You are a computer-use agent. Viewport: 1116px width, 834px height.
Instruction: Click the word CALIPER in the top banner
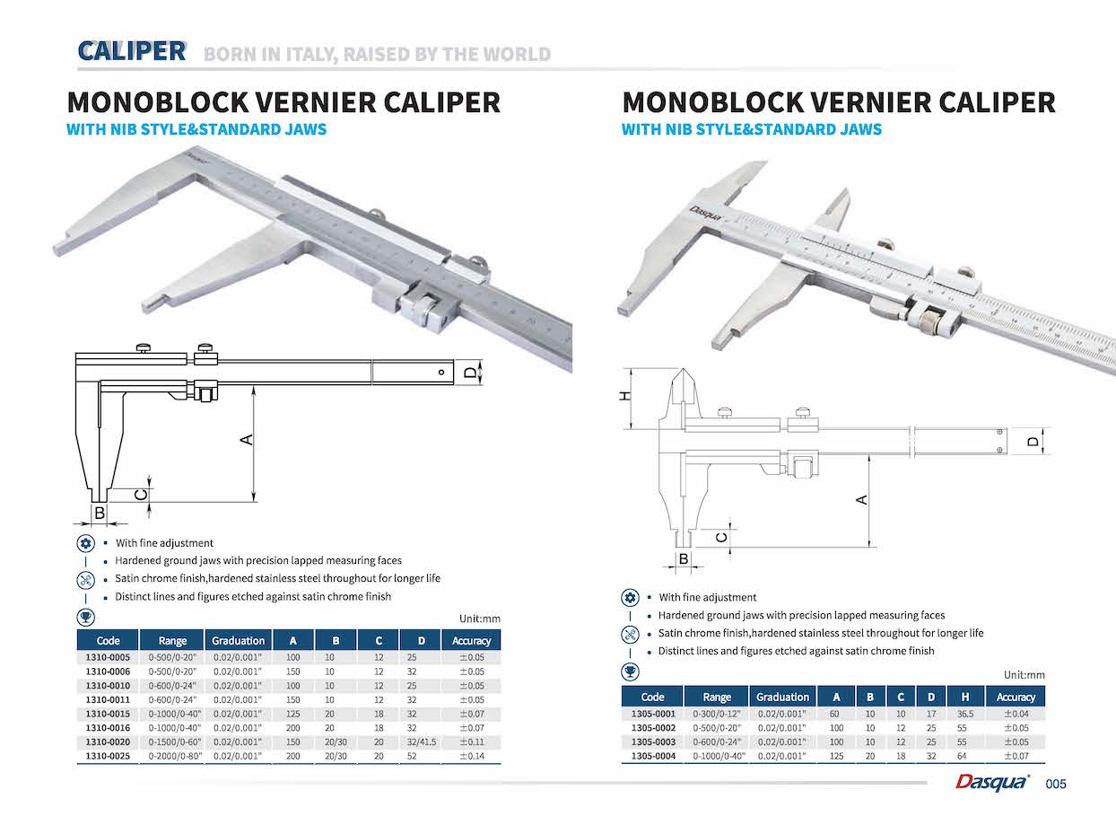coord(132,51)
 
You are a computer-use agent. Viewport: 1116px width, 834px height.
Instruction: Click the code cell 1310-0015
coord(108,713)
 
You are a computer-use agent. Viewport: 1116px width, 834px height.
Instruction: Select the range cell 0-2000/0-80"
coord(172,756)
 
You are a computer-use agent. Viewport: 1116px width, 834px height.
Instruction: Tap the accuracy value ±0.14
coord(471,756)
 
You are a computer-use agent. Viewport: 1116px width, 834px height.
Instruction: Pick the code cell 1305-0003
coord(652,742)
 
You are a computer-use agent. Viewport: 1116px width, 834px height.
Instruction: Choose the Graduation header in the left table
coord(238,640)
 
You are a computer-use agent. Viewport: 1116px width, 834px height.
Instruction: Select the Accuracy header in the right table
coord(1016,697)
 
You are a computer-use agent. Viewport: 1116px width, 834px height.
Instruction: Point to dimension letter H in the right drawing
coord(627,396)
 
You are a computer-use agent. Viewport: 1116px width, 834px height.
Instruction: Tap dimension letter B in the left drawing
coord(100,513)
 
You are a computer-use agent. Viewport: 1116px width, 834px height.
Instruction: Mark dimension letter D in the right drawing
coord(1033,442)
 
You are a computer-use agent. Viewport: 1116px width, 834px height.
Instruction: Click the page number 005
coord(1057,785)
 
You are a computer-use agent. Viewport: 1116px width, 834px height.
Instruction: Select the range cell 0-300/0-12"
coord(717,714)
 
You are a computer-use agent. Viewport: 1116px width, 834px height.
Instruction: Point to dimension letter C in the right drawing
coord(720,537)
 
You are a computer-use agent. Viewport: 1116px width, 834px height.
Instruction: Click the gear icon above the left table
coord(85,543)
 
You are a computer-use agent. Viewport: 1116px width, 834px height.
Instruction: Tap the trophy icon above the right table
coord(630,672)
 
